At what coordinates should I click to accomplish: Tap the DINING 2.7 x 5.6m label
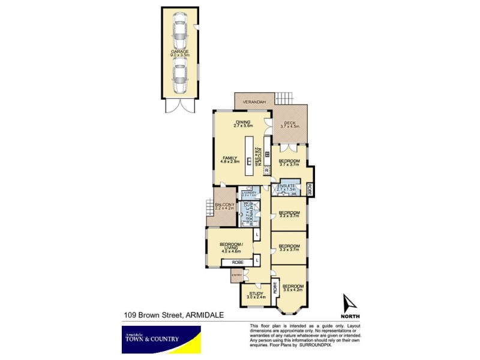click(243, 124)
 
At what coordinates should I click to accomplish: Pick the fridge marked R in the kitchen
click(267, 171)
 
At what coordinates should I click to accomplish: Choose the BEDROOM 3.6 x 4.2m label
click(293, 288)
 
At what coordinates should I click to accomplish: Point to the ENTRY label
click(236, 275)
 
